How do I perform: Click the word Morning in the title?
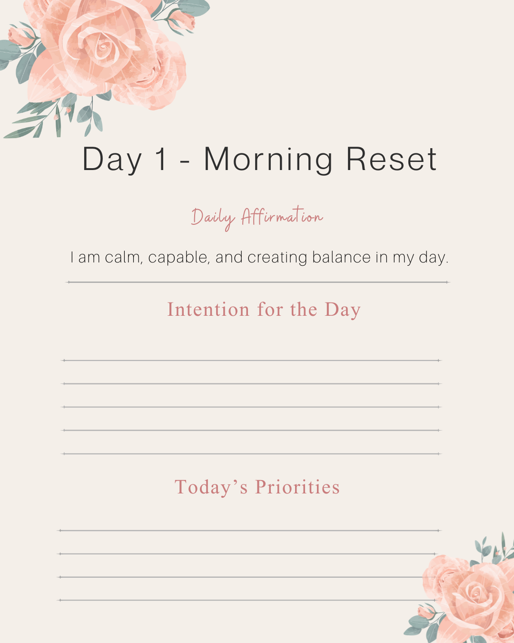[268, 160]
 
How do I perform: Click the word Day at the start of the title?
[112, 160]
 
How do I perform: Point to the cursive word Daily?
[213, 218]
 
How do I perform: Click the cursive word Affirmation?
[282, 216]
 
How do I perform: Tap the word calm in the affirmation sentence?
[123, 257]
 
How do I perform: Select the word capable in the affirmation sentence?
[179, 258]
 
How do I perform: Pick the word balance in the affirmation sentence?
[341, 257]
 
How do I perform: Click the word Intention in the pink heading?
[208, 310]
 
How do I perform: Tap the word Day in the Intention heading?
[343, 310]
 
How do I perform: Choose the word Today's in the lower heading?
[211, 487]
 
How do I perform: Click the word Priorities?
[297, 487]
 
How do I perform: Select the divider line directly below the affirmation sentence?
[257, 282]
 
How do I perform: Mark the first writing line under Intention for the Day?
[252, 361]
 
